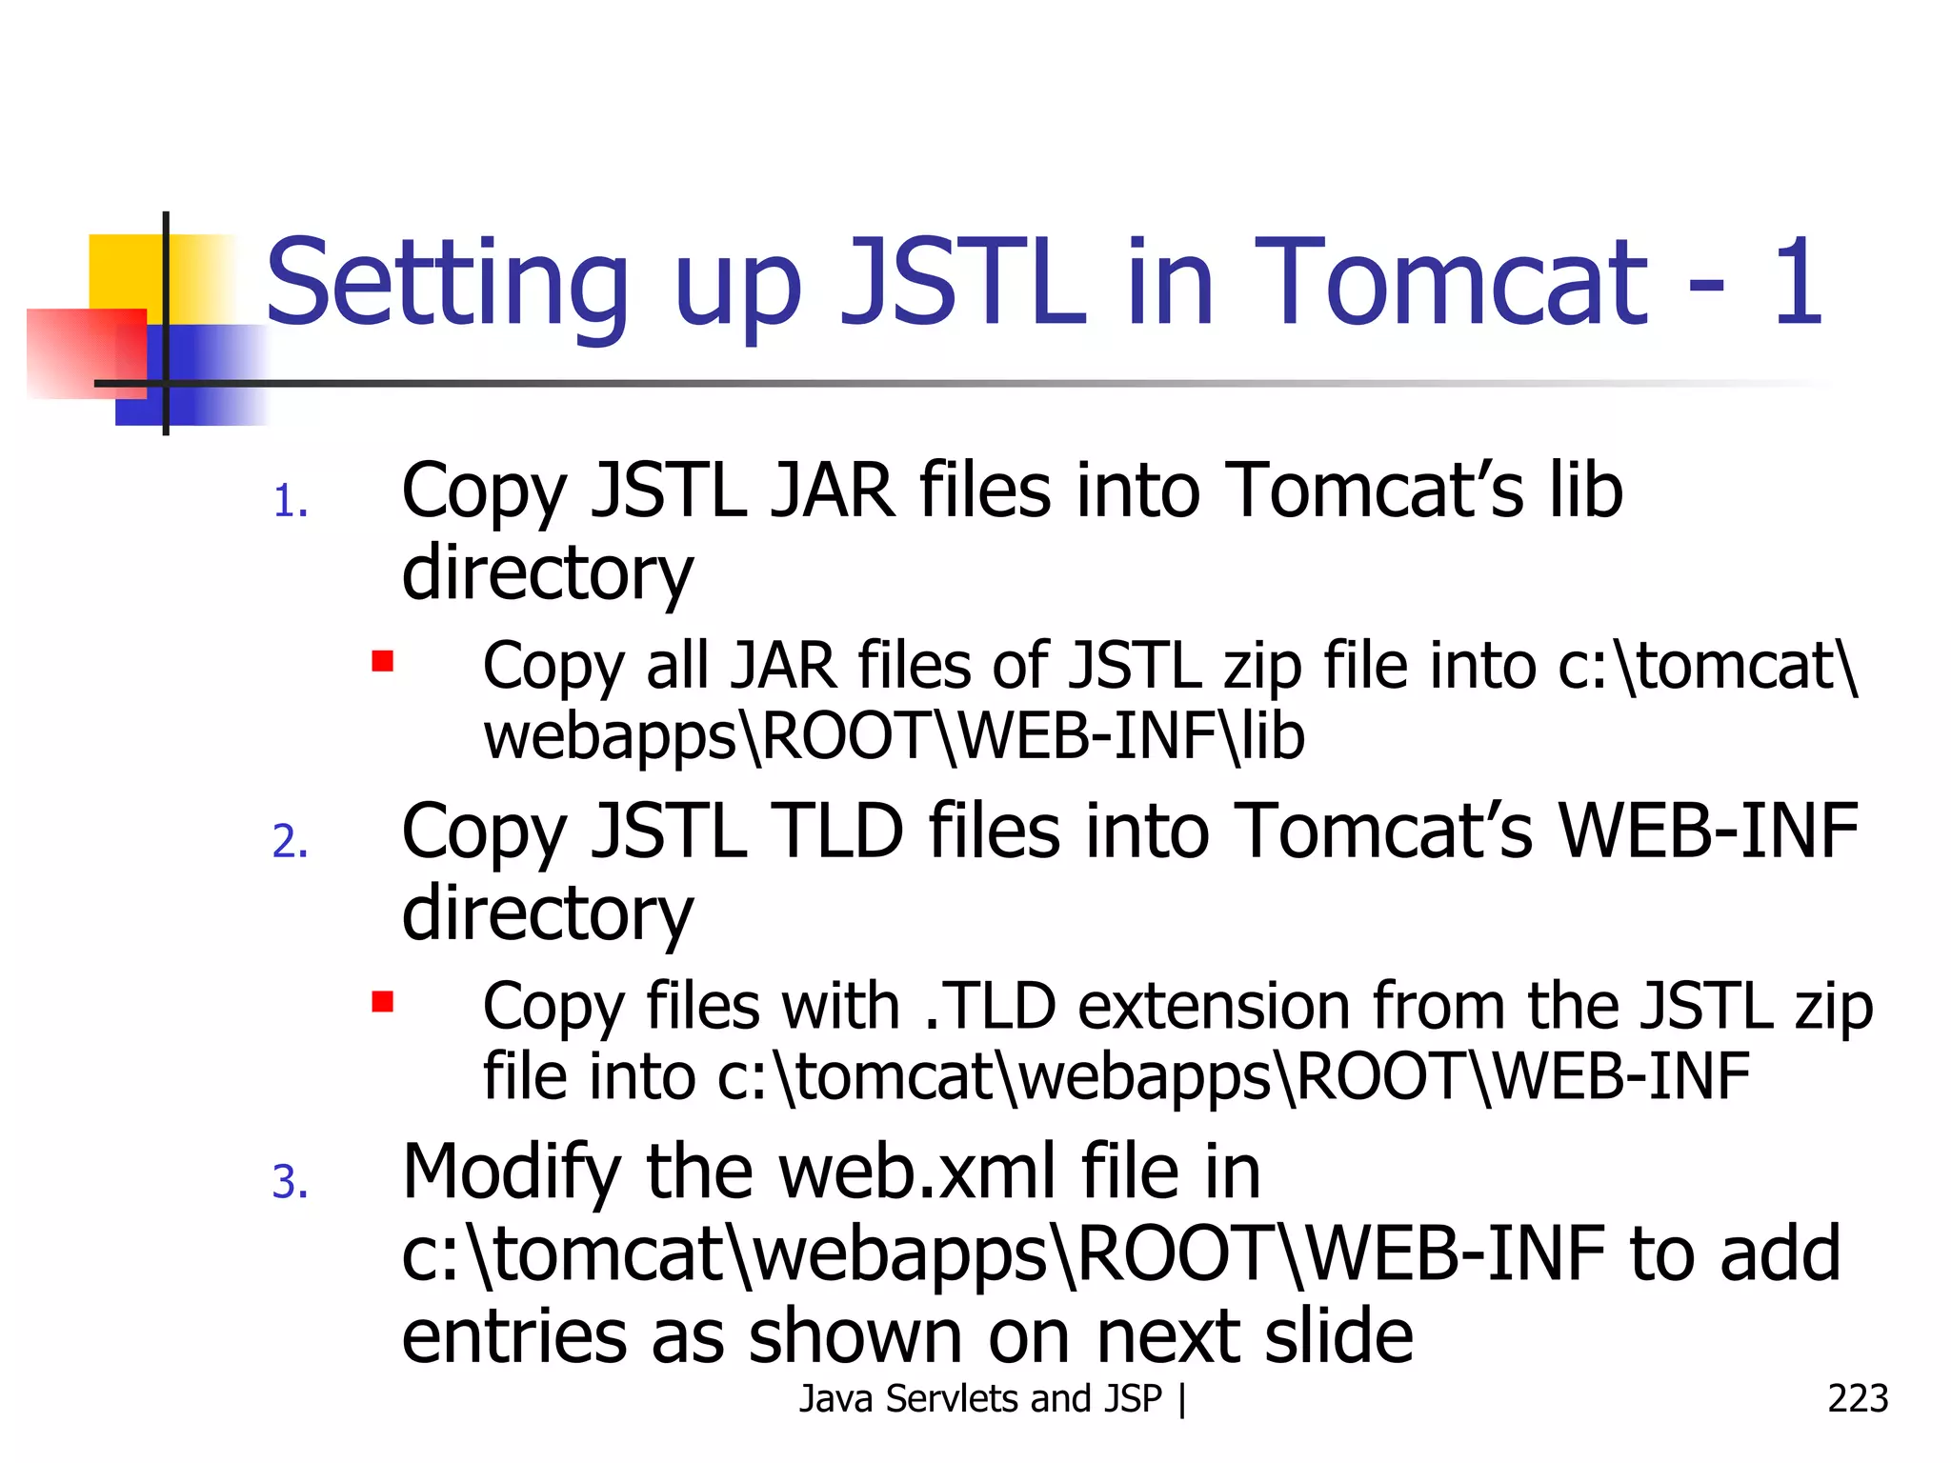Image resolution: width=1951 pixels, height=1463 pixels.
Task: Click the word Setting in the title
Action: coord(447,284)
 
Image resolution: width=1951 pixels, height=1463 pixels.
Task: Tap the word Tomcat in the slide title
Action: coord(1449,282)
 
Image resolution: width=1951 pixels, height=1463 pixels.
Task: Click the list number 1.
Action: coord(290,502)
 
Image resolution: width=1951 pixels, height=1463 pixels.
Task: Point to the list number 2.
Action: coord(290,842)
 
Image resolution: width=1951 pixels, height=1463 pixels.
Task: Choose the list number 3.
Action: coord(290,1182)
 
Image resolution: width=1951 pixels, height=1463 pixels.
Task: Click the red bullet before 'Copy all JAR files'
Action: coord(383,661)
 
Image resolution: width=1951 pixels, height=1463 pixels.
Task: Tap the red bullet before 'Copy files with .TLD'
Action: coord(383,1001)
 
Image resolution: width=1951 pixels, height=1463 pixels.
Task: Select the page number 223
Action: coord(1857,1398)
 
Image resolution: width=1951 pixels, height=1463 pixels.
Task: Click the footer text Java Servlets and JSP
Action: coord(980,1398)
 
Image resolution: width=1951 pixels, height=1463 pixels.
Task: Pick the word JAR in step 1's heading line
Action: coord(833,491)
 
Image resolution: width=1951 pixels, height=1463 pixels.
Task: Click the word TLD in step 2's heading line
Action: coord(839,831)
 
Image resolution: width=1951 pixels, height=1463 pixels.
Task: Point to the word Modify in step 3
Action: coord(512,1172)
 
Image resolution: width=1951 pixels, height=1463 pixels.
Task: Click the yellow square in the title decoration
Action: coord(125,271)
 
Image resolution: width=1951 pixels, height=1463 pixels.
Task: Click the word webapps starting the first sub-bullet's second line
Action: coord(610,737)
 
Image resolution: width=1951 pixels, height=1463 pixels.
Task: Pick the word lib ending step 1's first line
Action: coord(1585,491)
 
